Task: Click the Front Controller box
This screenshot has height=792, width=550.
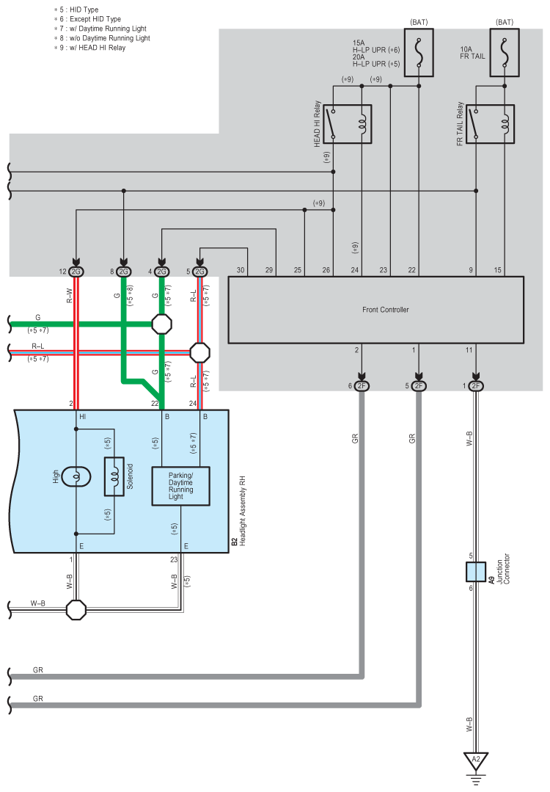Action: tap(375, 310)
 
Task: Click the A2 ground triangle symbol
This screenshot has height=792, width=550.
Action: tap(476, 760)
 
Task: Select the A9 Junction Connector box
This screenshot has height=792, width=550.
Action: tap(476, 572)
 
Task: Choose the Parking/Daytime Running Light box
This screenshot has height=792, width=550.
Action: tap(180, 485)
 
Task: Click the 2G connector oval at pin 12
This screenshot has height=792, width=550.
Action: tap(76, 272)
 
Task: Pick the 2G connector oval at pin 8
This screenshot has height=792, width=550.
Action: tap(123, 272)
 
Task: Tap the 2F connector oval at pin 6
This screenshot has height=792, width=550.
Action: tap(362, 386)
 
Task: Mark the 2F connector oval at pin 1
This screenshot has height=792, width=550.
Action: tap(476, 386)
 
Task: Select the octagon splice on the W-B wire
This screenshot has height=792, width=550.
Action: tap(76, 609)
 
